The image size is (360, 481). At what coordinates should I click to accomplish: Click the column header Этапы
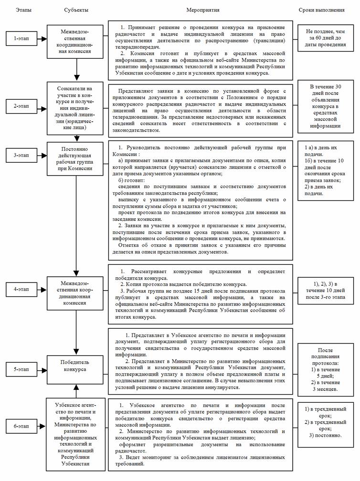click(x=21, y=10)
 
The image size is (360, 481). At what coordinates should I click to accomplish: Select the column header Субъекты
click(x=75, y=10)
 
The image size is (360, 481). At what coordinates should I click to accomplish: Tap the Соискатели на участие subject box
click(x=76, y=105)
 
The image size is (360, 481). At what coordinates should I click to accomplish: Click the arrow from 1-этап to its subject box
click(x=46, y=38)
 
